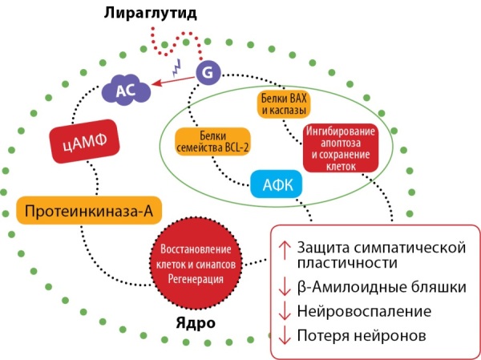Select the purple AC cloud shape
(x=126, y=90)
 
